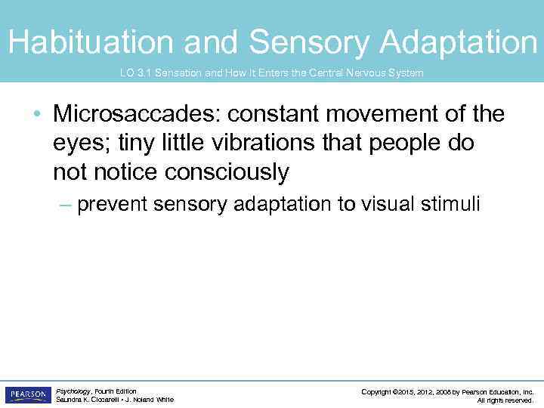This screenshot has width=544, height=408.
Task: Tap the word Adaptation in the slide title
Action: point(459,43)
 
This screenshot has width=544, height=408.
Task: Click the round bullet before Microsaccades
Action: point(38,116)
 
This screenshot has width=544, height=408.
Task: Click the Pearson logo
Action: point(28,395)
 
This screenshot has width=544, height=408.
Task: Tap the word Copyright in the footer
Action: point(379,391)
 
